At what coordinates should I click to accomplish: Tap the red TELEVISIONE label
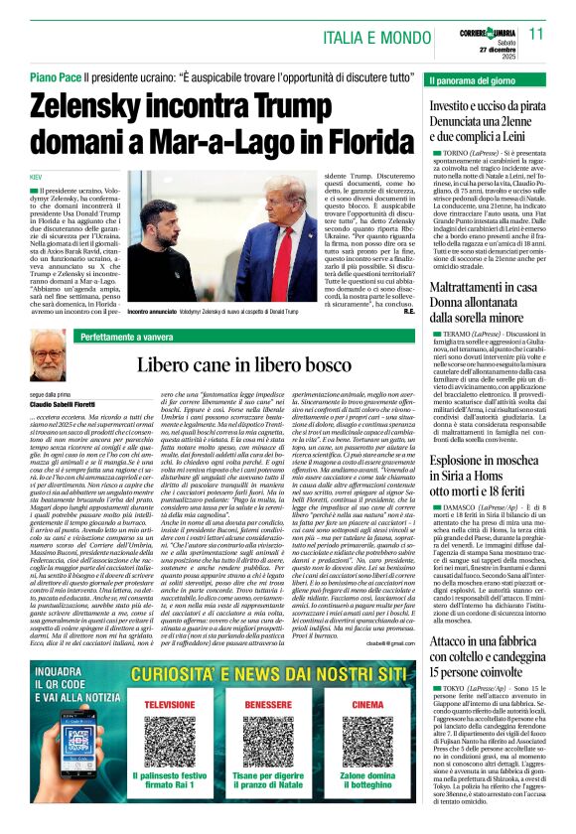click(170, 705)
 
